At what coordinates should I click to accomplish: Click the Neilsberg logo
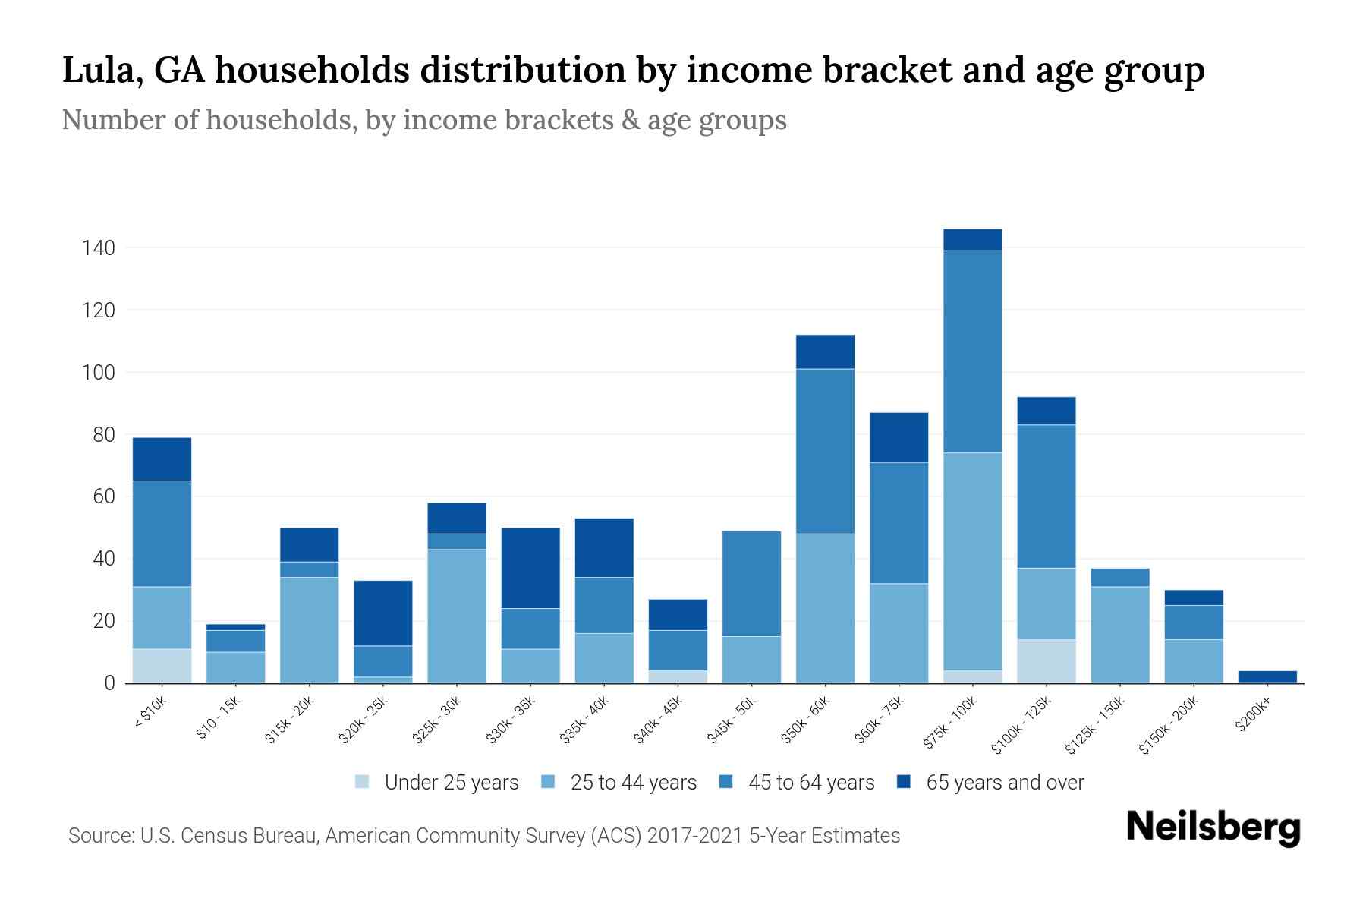[x=1213, y=827]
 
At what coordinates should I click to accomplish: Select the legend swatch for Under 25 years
[x=363, y=782]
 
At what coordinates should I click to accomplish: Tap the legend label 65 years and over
[x=1005, y=783]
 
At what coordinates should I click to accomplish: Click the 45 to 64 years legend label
[x=811, y=783]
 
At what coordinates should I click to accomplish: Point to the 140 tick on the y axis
[x=99, y=248]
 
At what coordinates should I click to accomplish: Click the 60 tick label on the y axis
[x=103, y=497]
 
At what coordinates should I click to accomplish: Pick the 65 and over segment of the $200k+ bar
[x=1267, y=677]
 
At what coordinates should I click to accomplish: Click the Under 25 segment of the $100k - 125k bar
[x=1047, y=661]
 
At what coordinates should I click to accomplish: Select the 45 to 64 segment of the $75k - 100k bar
[x=973, y=351]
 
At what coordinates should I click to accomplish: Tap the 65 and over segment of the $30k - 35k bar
[x=530, y=568]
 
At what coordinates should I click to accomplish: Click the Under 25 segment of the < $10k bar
[x=162, y=666]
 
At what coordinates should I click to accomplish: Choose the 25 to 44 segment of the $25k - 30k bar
[x=457, y=616]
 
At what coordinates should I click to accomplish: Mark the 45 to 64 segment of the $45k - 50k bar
[x=751, y=583]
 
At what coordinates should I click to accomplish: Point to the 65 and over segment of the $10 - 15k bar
[x=235, y=627]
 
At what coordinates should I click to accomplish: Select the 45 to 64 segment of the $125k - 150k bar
[x=1120, y=577]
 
